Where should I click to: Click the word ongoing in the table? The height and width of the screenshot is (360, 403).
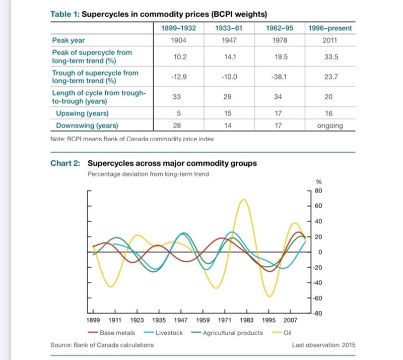coord(330,126)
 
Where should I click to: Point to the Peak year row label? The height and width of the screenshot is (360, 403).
coord(69,40)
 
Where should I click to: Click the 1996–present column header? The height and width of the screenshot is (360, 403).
coord(330,28)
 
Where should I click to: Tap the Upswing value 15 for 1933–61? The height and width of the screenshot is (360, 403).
coord(229,114)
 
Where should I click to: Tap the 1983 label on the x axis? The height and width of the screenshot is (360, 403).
coord(246,321)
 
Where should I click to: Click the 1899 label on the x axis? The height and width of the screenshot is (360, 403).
coord(93,321)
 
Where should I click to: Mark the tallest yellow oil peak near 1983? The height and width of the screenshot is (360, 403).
coord(244,200)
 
